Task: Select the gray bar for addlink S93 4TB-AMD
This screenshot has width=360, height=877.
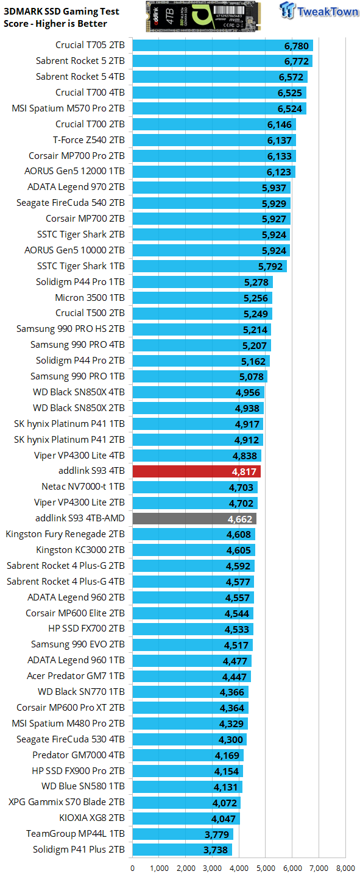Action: pos(194,518)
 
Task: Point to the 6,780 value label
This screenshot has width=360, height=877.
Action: pos(297,45)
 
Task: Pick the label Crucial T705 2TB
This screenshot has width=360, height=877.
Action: pos(90,45)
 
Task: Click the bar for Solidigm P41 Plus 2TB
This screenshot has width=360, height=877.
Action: pos(182,849)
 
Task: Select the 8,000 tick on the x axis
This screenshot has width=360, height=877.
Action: pos(345,868)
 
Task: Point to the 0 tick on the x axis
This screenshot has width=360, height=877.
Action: pos(133,868)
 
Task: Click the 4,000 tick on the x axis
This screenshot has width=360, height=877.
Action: pos(239,868)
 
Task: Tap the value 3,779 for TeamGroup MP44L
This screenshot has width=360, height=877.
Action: pos(216,834)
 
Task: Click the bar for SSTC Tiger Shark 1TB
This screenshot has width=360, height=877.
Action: pos(209,266)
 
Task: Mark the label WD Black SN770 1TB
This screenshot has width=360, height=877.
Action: pos(81,692)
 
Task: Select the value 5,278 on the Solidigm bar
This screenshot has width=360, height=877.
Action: pos(256,281)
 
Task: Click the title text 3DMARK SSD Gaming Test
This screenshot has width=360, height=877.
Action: pos(62,12)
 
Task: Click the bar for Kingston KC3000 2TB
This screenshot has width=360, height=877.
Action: pos(193,550)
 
